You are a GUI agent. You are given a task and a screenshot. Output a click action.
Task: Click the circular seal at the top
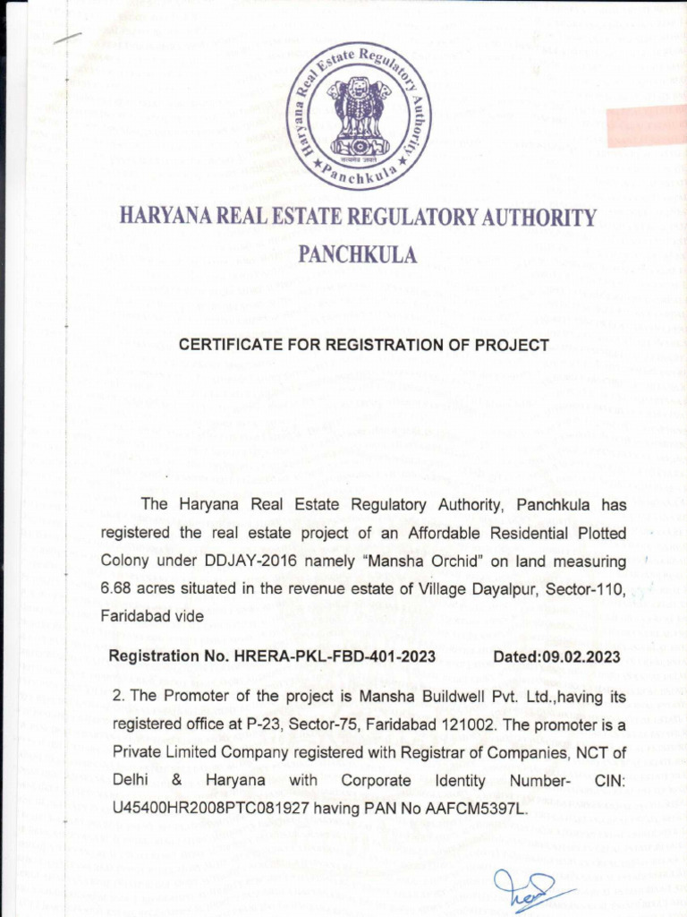tap(358, 116)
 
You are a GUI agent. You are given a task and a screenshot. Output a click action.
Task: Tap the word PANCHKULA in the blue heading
tap(357, 255)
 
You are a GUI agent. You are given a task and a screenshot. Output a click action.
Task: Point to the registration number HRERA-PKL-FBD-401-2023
tap(335, 656)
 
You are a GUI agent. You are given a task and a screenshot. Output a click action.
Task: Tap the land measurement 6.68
tap(114, 589)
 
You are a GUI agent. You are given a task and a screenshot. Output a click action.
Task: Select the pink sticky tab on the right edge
tap(646, 125)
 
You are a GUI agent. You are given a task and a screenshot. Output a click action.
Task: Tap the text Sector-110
tap(589, 589)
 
